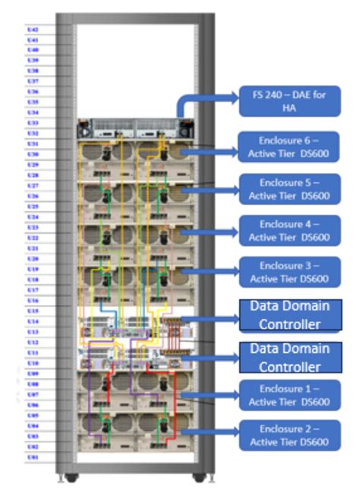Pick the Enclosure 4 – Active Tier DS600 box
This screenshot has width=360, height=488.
pyautogui.click(x=289, y=231)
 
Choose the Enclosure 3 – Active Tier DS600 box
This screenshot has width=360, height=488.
pyautogui.click(x=289, y=272)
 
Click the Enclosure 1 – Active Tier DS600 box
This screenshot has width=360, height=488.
pyautogui.click(x=289, y=395)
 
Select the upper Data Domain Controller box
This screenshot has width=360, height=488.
pyautogui.click(x=289, y=314)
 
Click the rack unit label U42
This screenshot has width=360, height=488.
pyautogui.click(x=33, y=29)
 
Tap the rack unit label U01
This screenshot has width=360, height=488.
pyautogui.click(x=33, y=458)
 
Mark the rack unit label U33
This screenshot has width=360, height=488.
pyautogui.click(x=33, y=123)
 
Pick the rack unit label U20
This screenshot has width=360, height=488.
pyautogui.click(x=33, y=259)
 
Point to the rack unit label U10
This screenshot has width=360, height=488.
pyautogui.click(x=33, y=364)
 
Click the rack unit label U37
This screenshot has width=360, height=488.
pyautogui.click(x=33, y=80)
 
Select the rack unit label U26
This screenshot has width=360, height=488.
pyautogui.click(x=33, y=196)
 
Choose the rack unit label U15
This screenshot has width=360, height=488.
pyautogui.click(x=33, y=311)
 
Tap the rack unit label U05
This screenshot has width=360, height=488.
pyautogui.click(x=33, y=416)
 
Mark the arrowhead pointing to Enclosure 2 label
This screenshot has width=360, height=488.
pyautogui.click(x=231, y=434)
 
